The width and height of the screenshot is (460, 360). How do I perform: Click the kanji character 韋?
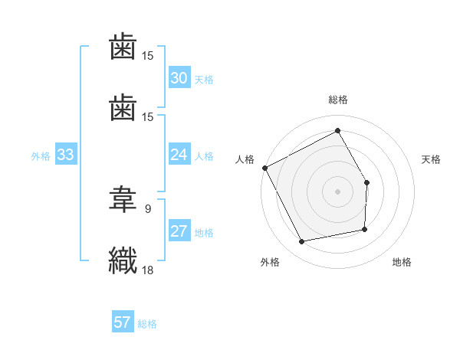coord(123,201)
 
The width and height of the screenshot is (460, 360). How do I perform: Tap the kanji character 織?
coord(123,259)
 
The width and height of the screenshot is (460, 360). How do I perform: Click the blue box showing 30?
coord(179,78)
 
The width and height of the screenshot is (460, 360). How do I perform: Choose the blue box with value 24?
coord(179,155)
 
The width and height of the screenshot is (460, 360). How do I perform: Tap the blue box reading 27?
coord(179,232)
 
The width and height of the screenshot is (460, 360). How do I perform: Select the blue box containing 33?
coord(65,155)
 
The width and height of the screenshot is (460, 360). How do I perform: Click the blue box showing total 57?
coord(123,323)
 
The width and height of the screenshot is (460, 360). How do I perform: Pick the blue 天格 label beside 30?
coord(204,80)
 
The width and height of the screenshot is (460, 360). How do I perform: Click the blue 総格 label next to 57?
coord(147,324)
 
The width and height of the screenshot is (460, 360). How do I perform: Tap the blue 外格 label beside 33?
coord(41,156)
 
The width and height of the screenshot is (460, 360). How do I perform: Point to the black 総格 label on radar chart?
coord(337,100)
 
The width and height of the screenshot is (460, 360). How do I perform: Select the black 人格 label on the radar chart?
coord(245,159)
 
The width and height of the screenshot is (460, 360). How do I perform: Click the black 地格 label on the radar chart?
coord(402,262)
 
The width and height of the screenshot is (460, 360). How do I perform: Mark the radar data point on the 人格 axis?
coord(265,168)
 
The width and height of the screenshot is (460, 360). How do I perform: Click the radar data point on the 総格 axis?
coord(337,130)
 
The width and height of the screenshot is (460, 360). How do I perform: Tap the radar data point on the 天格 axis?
coord(366,182)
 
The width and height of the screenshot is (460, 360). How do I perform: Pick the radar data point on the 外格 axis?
coord(303,242)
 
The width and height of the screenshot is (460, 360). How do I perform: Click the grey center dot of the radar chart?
coord(337,191)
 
